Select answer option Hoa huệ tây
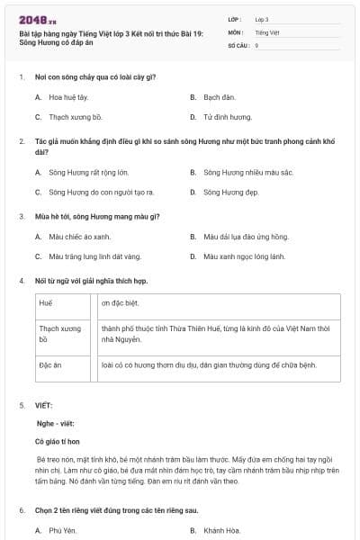(x=69, y=96)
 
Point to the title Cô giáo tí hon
(x=58, y=442)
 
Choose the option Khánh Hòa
(x=221, y=530)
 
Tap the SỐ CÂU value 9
(x=257, y=44)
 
